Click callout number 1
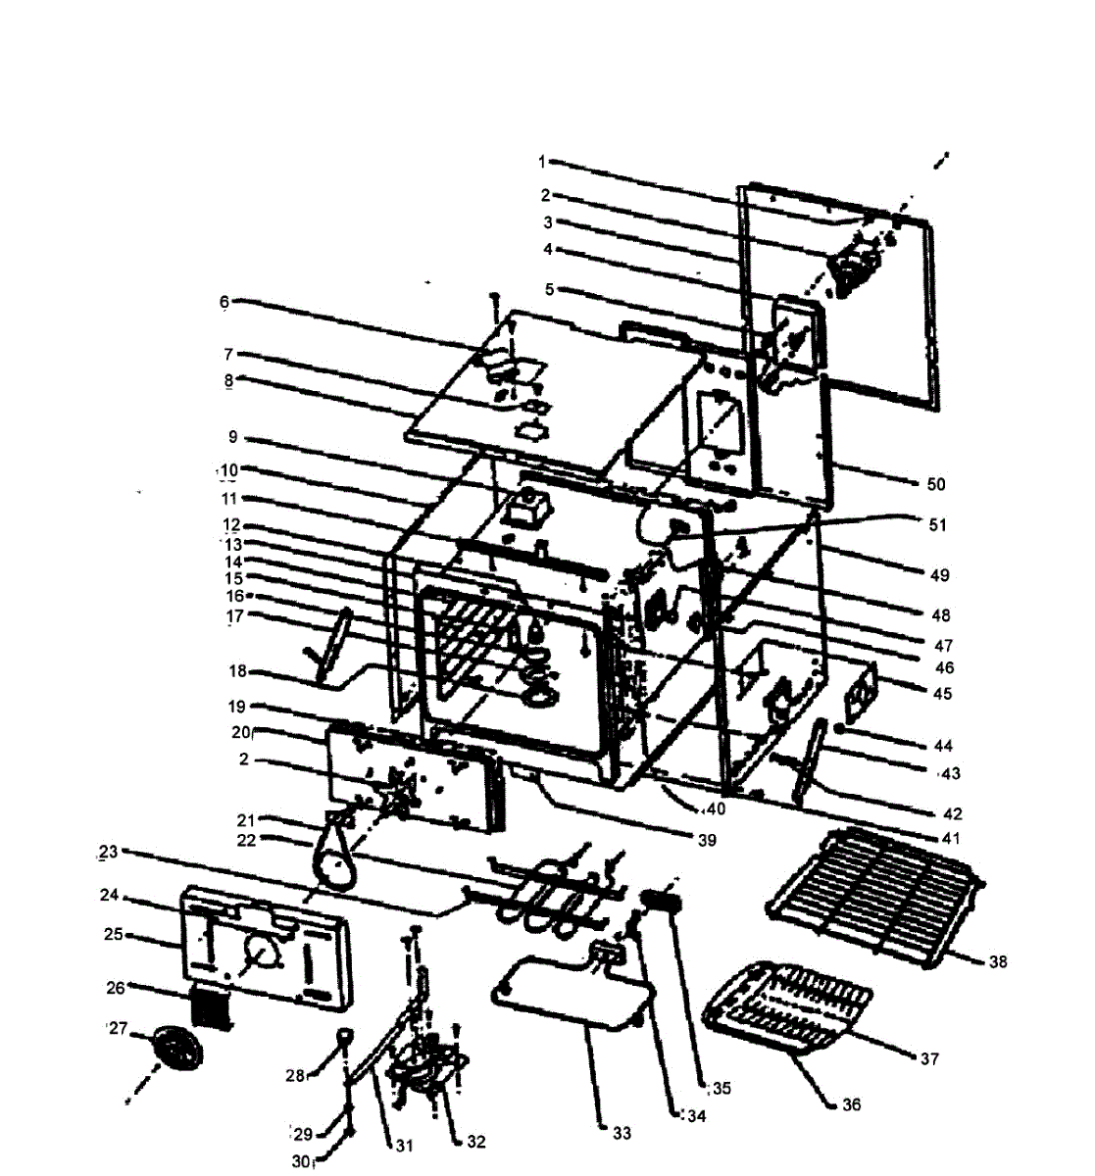pyautogui.click(x=541, y=160)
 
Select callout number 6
pyautogui.click(x=224, y=303)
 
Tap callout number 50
pyautogui.click(x=936, y=484)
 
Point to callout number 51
pyautogui.click(x=938, y=525)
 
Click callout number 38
pyautogui.click(x=997, y=962)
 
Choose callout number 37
pyautogui.click(x=929, y=1058)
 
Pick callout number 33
pyautogui.click(x=622, y=1134)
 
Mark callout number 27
pyautogui.click(x=117, y=1029)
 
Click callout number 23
pyautogui.click(x=108, y=853)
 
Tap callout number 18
pyautogui.click(x=238, y=672)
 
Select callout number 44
pyautogui.click(x=943, y=746)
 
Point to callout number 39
pyautogui.click(x=706, y=840)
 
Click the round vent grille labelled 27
pyautogui.click(x=176, y=1052)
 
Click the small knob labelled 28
pyautogui.click(x=346, y=1036)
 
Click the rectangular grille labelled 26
pyautogui.click(x=214, y=1008)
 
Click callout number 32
pyautogui.click(x=475, y=1142)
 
